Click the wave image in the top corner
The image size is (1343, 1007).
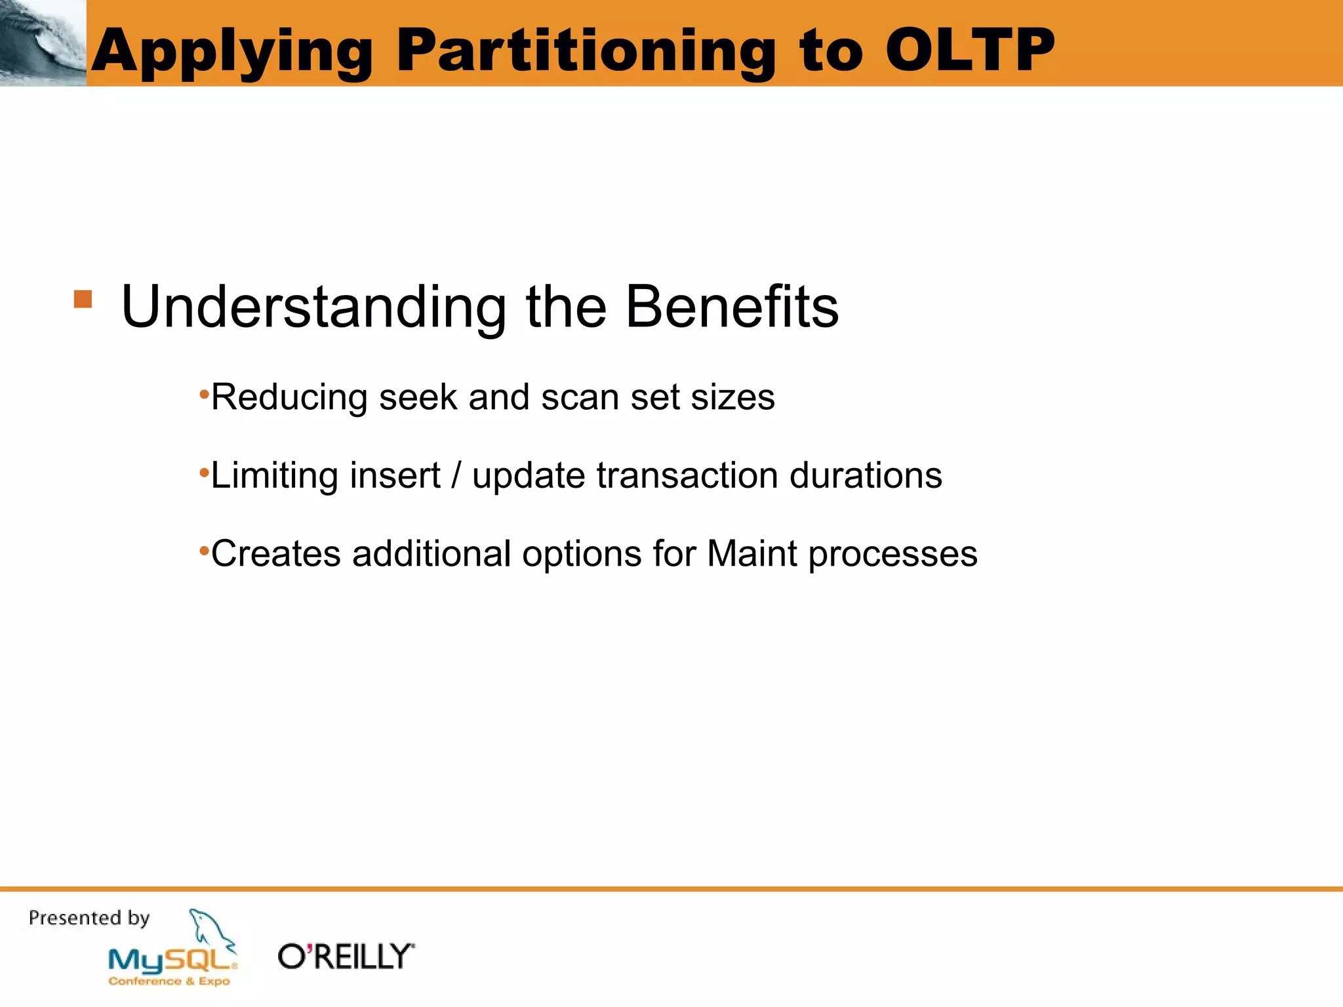click(43, 43)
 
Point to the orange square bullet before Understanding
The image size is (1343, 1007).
click(83, 300)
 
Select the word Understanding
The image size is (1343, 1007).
click(314, 308)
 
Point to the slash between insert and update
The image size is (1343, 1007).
click(456, 475)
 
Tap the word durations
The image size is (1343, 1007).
click(866, 475)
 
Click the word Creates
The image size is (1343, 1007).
click(275, 553)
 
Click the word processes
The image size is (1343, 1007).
click(892, 555)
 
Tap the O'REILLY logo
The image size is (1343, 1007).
click(346, 957)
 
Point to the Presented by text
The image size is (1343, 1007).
click(89, 918)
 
